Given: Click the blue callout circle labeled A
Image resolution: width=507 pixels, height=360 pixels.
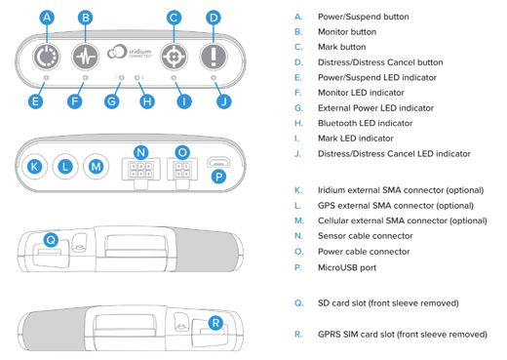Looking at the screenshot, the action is pyautogui.click(x=47, y=18).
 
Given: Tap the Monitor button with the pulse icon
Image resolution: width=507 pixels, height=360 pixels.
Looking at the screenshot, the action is pyautogui.click(x=85, y=57).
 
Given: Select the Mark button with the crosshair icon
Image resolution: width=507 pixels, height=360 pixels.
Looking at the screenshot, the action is pyautogui.click(x=174, y=57).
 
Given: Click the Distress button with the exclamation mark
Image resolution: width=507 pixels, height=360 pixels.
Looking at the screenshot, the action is pyautogui.click(x=214, y=57).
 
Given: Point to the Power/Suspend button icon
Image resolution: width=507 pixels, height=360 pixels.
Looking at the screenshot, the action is pyautogui.click(x=47, y=57).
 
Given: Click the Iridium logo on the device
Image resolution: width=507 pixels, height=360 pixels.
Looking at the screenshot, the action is pyautogui.click(x=130, y=52).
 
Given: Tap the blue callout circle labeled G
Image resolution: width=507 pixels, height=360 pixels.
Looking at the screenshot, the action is pyautogui.click(x=111, y=101).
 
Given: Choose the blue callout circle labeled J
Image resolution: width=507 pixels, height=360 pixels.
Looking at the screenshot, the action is pyautogui.click(x=223, y=101).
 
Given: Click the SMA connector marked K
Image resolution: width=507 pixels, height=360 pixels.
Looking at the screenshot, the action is pyautogui.click(x=34, y=167).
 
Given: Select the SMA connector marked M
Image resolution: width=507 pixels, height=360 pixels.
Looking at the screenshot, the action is pyautogui.click(x=96, y=167).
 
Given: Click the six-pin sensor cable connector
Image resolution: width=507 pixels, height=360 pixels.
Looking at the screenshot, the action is pyautogui.click(x=140, y=172).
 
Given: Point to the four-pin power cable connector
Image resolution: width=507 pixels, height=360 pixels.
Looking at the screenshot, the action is pyautogui.click(x=182, y=172).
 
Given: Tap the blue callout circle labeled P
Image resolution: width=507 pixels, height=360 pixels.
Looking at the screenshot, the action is pyautogui.click(x=218, y=177).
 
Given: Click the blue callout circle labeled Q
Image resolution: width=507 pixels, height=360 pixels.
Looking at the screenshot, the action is pyautogui.click(x=51, y=240).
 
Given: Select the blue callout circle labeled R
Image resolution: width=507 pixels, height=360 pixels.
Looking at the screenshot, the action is pyautogui.click(x=215, y=323).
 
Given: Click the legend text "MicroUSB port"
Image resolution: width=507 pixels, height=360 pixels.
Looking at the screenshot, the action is pyautogui.click(x=347, y=267).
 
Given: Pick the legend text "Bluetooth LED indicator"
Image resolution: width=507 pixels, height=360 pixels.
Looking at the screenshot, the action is pyautogui.click(x=365, y=123).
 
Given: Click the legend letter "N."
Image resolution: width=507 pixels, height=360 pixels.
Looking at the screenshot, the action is pyautogui.click(x=298, y=236).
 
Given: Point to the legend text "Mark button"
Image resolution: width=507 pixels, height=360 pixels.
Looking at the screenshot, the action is pyautogui.click(x=341, y=47).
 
